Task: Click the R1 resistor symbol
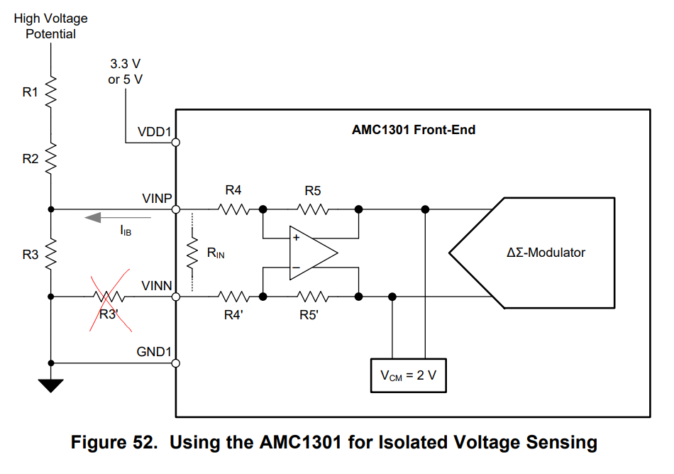click(51, 91)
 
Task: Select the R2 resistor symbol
click(51, 158)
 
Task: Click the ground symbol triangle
click(51, 385)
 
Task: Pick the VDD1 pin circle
click(175, 143)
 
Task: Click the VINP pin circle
click(175, 209)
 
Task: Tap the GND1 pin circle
click(175, 363)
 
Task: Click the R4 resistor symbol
click(233, 209)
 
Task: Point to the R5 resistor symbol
click(312, 209)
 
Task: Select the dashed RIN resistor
click(192, 253)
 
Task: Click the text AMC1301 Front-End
click(413, 130)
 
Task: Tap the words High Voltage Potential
click(50, 26)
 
